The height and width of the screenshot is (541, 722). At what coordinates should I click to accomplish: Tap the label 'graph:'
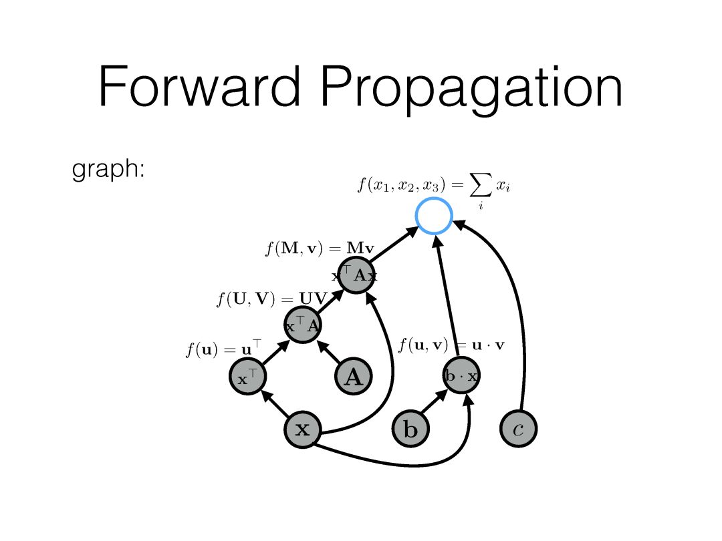tap(108, 170)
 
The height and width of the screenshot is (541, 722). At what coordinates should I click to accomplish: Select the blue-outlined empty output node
tap(434, 216)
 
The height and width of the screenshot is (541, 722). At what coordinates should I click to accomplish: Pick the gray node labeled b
tap(410, 429)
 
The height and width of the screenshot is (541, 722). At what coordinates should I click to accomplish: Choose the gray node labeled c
tap(518, 429)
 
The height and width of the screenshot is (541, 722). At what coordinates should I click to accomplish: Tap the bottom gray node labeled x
tap(303, 429)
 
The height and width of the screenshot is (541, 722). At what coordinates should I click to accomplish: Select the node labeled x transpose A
tap(304, 325)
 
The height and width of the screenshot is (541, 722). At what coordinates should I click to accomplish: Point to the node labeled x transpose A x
tap(355, 275)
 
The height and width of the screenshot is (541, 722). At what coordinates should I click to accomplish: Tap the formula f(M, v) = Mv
tap(319, 250)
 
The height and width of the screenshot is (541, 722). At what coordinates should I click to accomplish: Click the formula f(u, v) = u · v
tap(451, 345)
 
